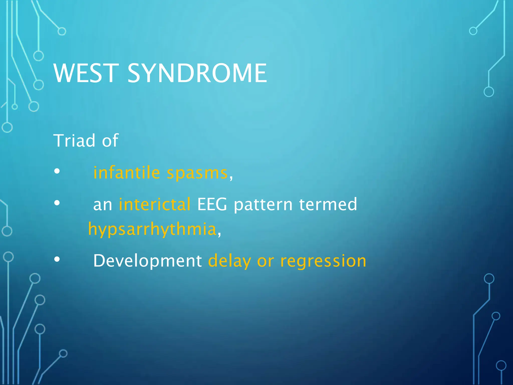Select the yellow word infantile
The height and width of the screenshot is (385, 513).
(x=126, y=173)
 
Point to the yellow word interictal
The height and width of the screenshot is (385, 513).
(x=155, y=204)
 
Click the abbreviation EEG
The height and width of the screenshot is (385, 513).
(x=212, y=204)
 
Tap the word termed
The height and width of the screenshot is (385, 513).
(x=328, y=204)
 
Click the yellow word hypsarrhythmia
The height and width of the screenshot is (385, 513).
(x=152, y=230)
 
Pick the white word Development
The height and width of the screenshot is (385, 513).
(x=148, y=261)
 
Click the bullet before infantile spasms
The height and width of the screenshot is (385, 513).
(x=57, y=171)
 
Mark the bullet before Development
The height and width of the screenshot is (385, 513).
(x=57, y=260)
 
